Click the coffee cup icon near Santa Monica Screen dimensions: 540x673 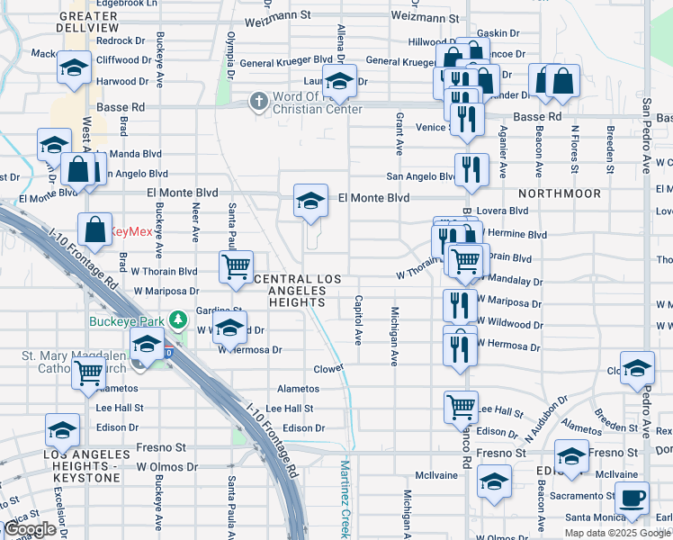click(632, 497)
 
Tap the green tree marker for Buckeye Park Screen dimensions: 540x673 click(180, 319)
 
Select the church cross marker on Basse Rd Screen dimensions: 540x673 click(259, 101)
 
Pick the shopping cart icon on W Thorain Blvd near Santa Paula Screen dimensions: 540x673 click(236, 266)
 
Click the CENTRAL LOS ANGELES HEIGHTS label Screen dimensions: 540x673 click(297, 291)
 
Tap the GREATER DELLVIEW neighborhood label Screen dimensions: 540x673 click(89, 22)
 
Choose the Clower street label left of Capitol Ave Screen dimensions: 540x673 click(328, 369)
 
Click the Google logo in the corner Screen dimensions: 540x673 click(30, 529)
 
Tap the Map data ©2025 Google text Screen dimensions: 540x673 click(616, 533)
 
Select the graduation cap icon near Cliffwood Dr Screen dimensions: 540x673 click(73, 67)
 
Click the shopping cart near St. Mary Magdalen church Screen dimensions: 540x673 click(89, 370)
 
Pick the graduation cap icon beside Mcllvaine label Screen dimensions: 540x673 click(493, 481)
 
